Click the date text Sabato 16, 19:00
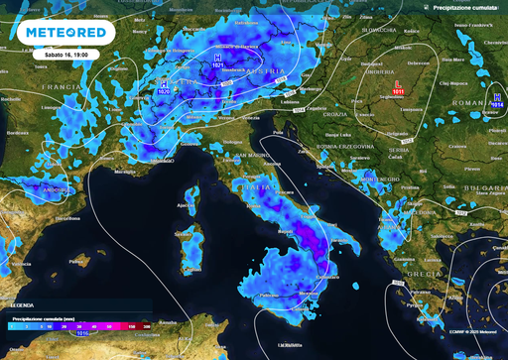pos(65,55)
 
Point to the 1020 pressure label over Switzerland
pos(164,89)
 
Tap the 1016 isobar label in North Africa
pos(86,334)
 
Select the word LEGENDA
pos(22,305)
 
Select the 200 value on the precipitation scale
pos(147,324)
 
